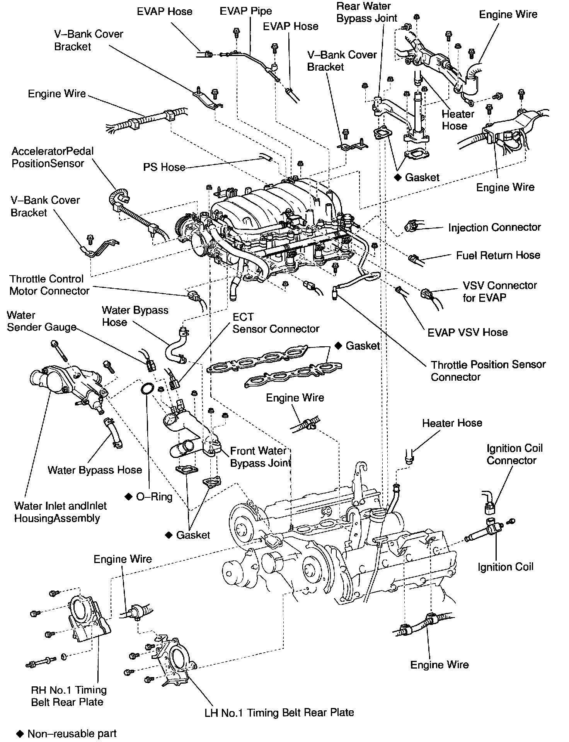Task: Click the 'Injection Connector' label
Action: [494, 227]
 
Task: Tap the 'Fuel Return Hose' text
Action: [498, 255]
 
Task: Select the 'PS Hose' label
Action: [164, 167]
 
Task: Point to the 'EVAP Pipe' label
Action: [246, 11]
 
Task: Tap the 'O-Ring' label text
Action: [154, 497]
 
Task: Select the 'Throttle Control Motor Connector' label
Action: [49, 285]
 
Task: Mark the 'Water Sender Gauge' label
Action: [41, 321]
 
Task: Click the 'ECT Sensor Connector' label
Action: [276, 323]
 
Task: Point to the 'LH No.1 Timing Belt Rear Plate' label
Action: [279, 712]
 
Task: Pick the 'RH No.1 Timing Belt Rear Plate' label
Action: [68, 696]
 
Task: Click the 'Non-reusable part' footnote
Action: [72, 733]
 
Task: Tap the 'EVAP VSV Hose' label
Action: [467, 332]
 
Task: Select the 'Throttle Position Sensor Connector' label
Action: [488, 371]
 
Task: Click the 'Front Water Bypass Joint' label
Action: [260, 457]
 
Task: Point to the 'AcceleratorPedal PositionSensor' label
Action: [53, 157]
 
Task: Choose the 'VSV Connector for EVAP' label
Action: [499, 291]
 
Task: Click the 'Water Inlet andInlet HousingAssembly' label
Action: [60, 512]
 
